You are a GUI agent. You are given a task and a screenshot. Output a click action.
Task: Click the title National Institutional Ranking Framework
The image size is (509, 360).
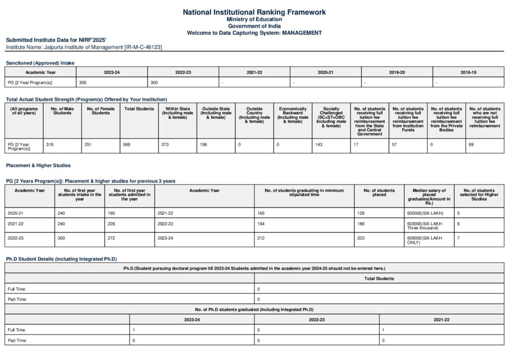click(x=254, y=12)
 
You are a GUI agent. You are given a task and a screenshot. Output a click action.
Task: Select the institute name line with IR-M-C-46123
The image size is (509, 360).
click(x=84, y=47)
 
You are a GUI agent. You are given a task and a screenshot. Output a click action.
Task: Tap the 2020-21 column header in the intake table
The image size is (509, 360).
click(x=326, y=73)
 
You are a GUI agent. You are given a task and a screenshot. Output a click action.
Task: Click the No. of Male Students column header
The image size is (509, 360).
click(x=63, y=111)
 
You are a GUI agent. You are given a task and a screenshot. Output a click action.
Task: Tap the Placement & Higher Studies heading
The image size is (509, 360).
click(x=38, y=165)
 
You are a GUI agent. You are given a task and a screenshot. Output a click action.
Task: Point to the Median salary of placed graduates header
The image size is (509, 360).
click(x=429, y=196)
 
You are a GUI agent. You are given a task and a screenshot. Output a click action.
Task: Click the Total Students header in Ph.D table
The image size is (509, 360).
click(x=379, y=278)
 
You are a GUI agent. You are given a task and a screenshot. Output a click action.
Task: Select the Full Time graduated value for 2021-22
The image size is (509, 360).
click(x=383, y=330)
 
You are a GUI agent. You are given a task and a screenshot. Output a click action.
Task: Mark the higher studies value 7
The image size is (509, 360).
click(x=458, y=238)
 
